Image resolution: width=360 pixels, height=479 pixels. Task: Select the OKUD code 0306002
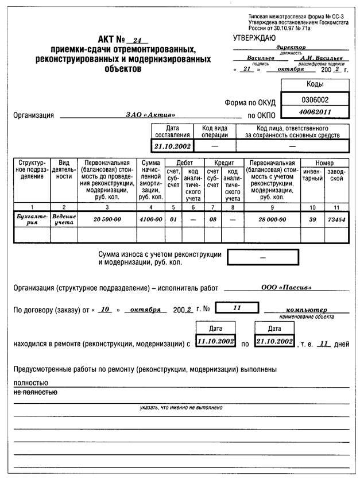click(x=315, y=99)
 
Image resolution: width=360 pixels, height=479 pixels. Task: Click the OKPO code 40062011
click(x=315, y=111)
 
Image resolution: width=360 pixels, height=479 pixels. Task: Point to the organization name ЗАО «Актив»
click(x=151, y=115)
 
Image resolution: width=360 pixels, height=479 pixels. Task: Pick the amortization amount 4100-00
click(x=150, y=219)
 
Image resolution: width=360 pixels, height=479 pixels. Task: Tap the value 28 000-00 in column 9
click(x=272, y=219)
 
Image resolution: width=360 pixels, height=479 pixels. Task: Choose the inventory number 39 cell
click(x=313, y=219)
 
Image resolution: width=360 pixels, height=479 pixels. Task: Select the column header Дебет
click(x=184, y=163)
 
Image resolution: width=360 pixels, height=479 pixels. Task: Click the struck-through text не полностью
click(x=35, y=393)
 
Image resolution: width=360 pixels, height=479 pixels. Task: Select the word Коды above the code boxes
click(x=315, y=84)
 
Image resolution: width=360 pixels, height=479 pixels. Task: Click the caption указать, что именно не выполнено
click(x=180, y=407)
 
